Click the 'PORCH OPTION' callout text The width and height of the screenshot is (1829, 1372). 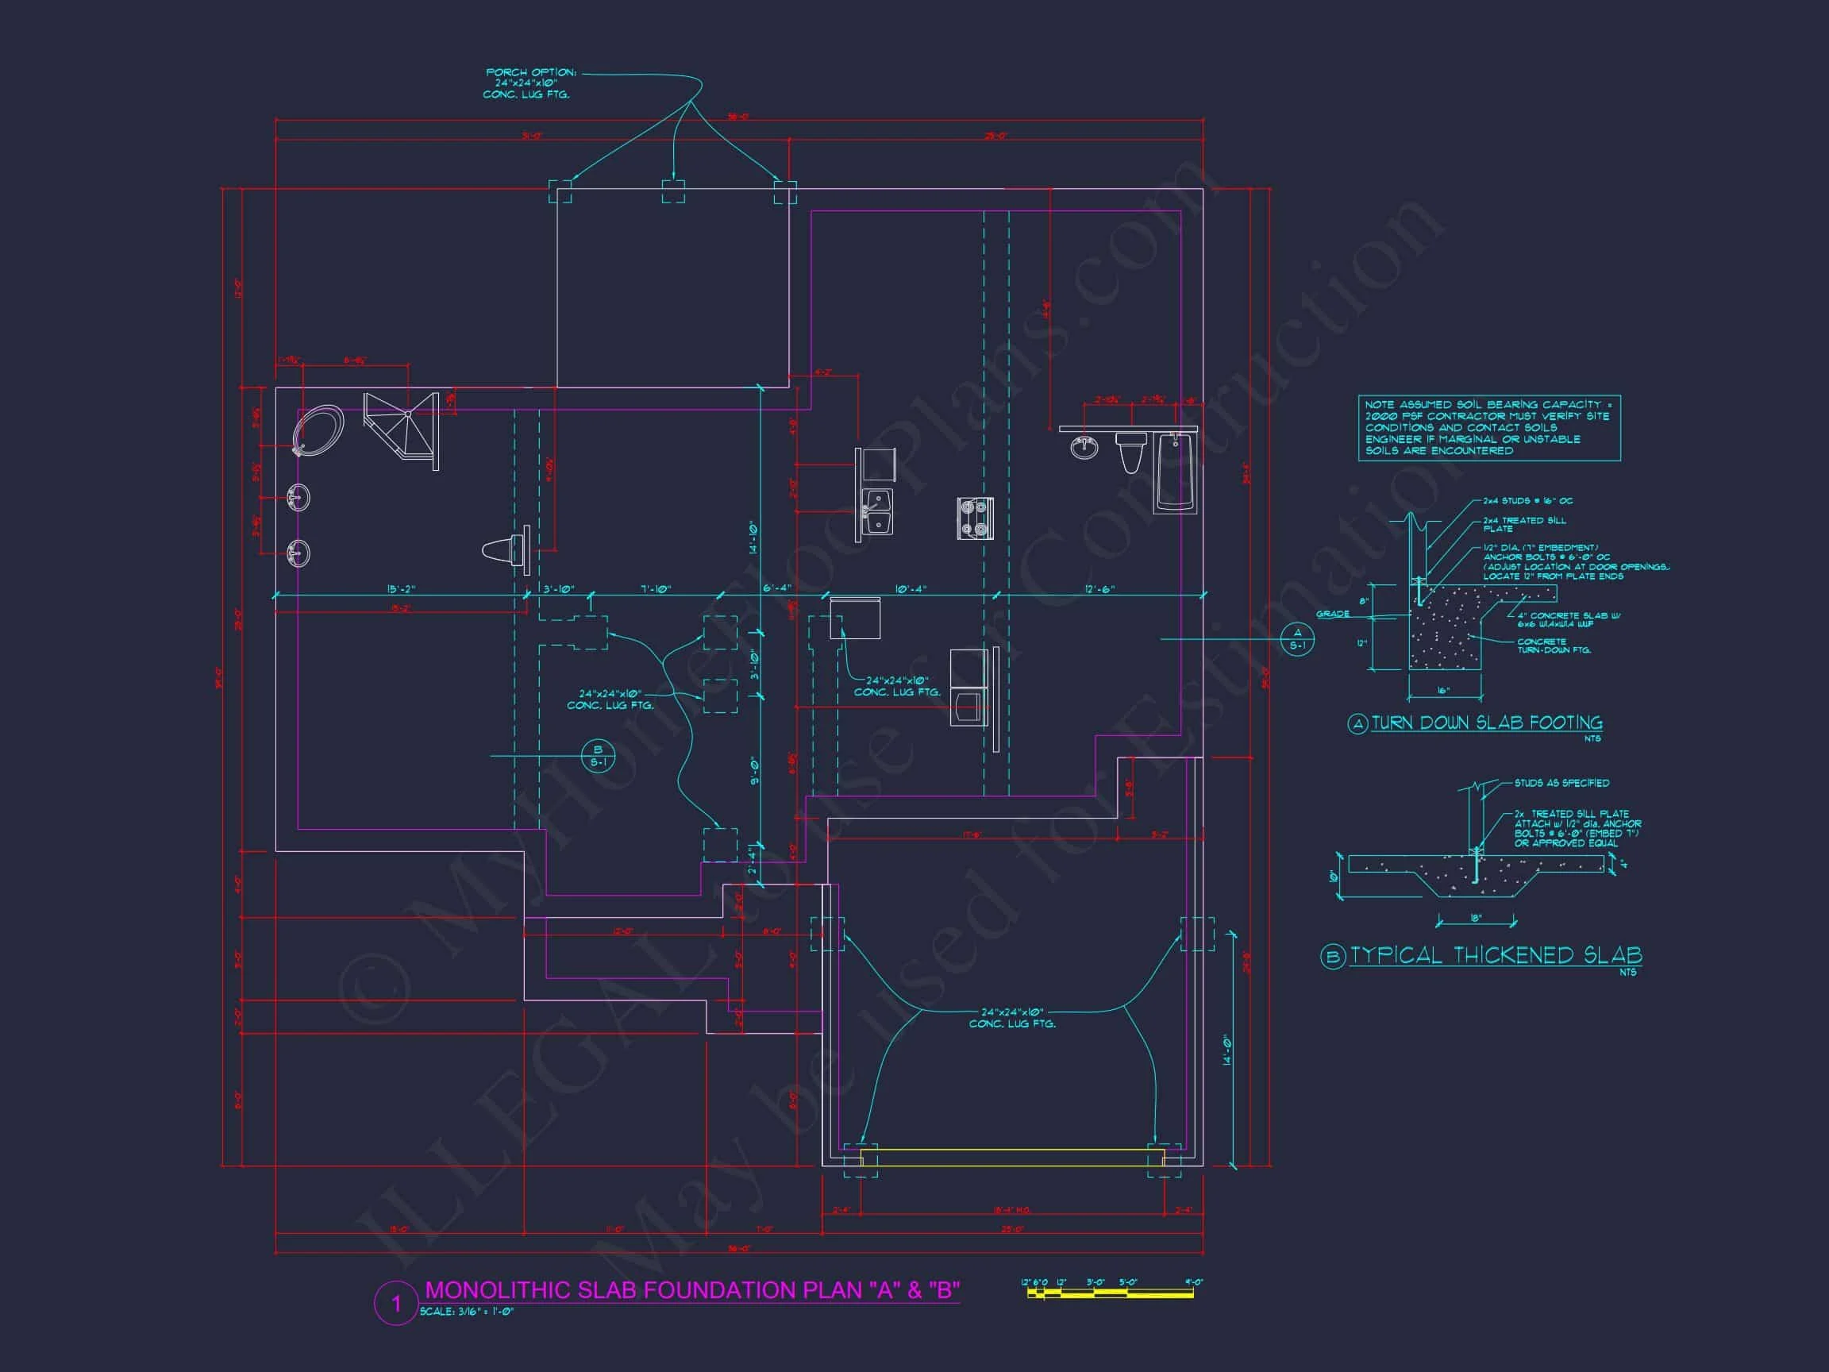(526, 83)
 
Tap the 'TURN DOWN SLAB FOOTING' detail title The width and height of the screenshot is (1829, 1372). (1487, 723)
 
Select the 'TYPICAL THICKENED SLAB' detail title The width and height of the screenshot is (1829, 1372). (1496, 956)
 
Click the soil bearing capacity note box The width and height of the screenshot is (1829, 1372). (1488, 428)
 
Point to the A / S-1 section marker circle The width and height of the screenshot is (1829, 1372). (1297, 639)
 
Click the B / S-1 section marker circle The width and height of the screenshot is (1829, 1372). (598, 755)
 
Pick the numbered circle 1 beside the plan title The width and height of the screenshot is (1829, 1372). (395, 1305)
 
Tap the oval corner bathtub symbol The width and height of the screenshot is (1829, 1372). (318, 430)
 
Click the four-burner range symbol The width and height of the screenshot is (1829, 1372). (975, 518)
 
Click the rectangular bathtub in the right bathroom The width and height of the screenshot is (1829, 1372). (1174, 472)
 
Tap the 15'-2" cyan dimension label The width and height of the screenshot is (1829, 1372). (401, 589)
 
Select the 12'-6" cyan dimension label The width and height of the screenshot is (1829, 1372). (1099, 589)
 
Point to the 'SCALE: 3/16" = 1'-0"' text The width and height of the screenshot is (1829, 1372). (466, 1312)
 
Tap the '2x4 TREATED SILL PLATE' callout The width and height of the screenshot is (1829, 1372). (1524, 523)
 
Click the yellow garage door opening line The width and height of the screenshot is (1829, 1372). (1012, 1158)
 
